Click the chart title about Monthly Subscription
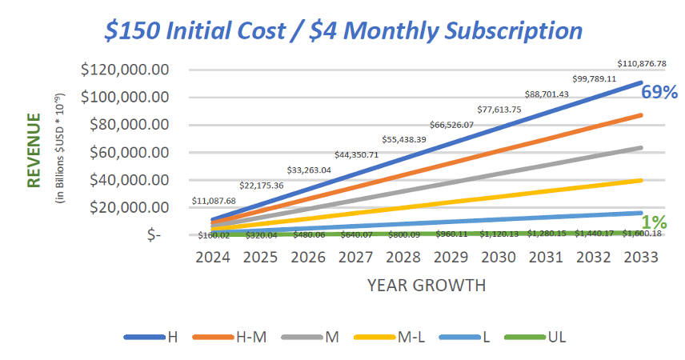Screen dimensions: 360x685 point(344,30)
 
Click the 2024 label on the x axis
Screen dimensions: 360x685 point(212,258)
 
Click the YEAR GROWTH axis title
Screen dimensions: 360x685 point(427,284)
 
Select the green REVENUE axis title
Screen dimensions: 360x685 point(34,150)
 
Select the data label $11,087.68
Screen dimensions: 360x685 point(214,201)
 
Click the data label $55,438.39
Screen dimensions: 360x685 point(404,139)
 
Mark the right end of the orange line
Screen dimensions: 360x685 point(641,115)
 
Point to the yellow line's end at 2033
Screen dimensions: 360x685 point(641,180)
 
